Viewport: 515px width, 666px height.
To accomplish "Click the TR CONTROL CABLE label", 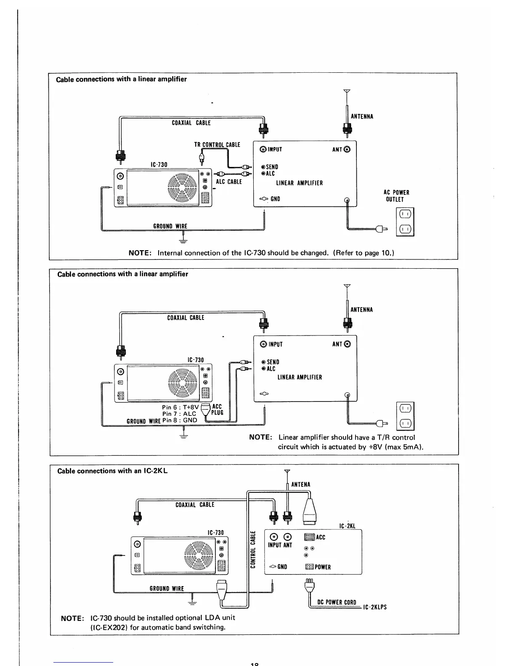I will (217, 145).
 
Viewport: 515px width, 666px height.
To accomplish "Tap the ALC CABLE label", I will (229, 182).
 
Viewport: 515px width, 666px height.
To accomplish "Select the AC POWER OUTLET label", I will (396, 196).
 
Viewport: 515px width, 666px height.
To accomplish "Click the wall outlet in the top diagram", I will (405, 222).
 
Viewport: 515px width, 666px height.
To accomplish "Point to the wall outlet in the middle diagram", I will (405, 415).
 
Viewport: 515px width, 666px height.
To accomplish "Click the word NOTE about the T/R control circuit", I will (260, 437).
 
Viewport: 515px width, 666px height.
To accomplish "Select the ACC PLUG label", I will (217, 410).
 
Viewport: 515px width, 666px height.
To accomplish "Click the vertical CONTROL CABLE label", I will (253, 550).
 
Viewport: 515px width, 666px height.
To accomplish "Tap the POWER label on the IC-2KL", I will (323, 567).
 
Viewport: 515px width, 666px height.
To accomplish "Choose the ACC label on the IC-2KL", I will (321, 537).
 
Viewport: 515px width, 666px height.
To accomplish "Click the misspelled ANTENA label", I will (300, 485).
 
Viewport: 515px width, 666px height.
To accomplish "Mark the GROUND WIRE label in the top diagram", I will (170, 226).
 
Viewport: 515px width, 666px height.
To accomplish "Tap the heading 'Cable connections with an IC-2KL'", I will (112, 471).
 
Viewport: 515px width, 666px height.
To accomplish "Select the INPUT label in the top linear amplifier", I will (274, 150).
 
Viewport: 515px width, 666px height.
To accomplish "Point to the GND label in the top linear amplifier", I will (275, 199).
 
